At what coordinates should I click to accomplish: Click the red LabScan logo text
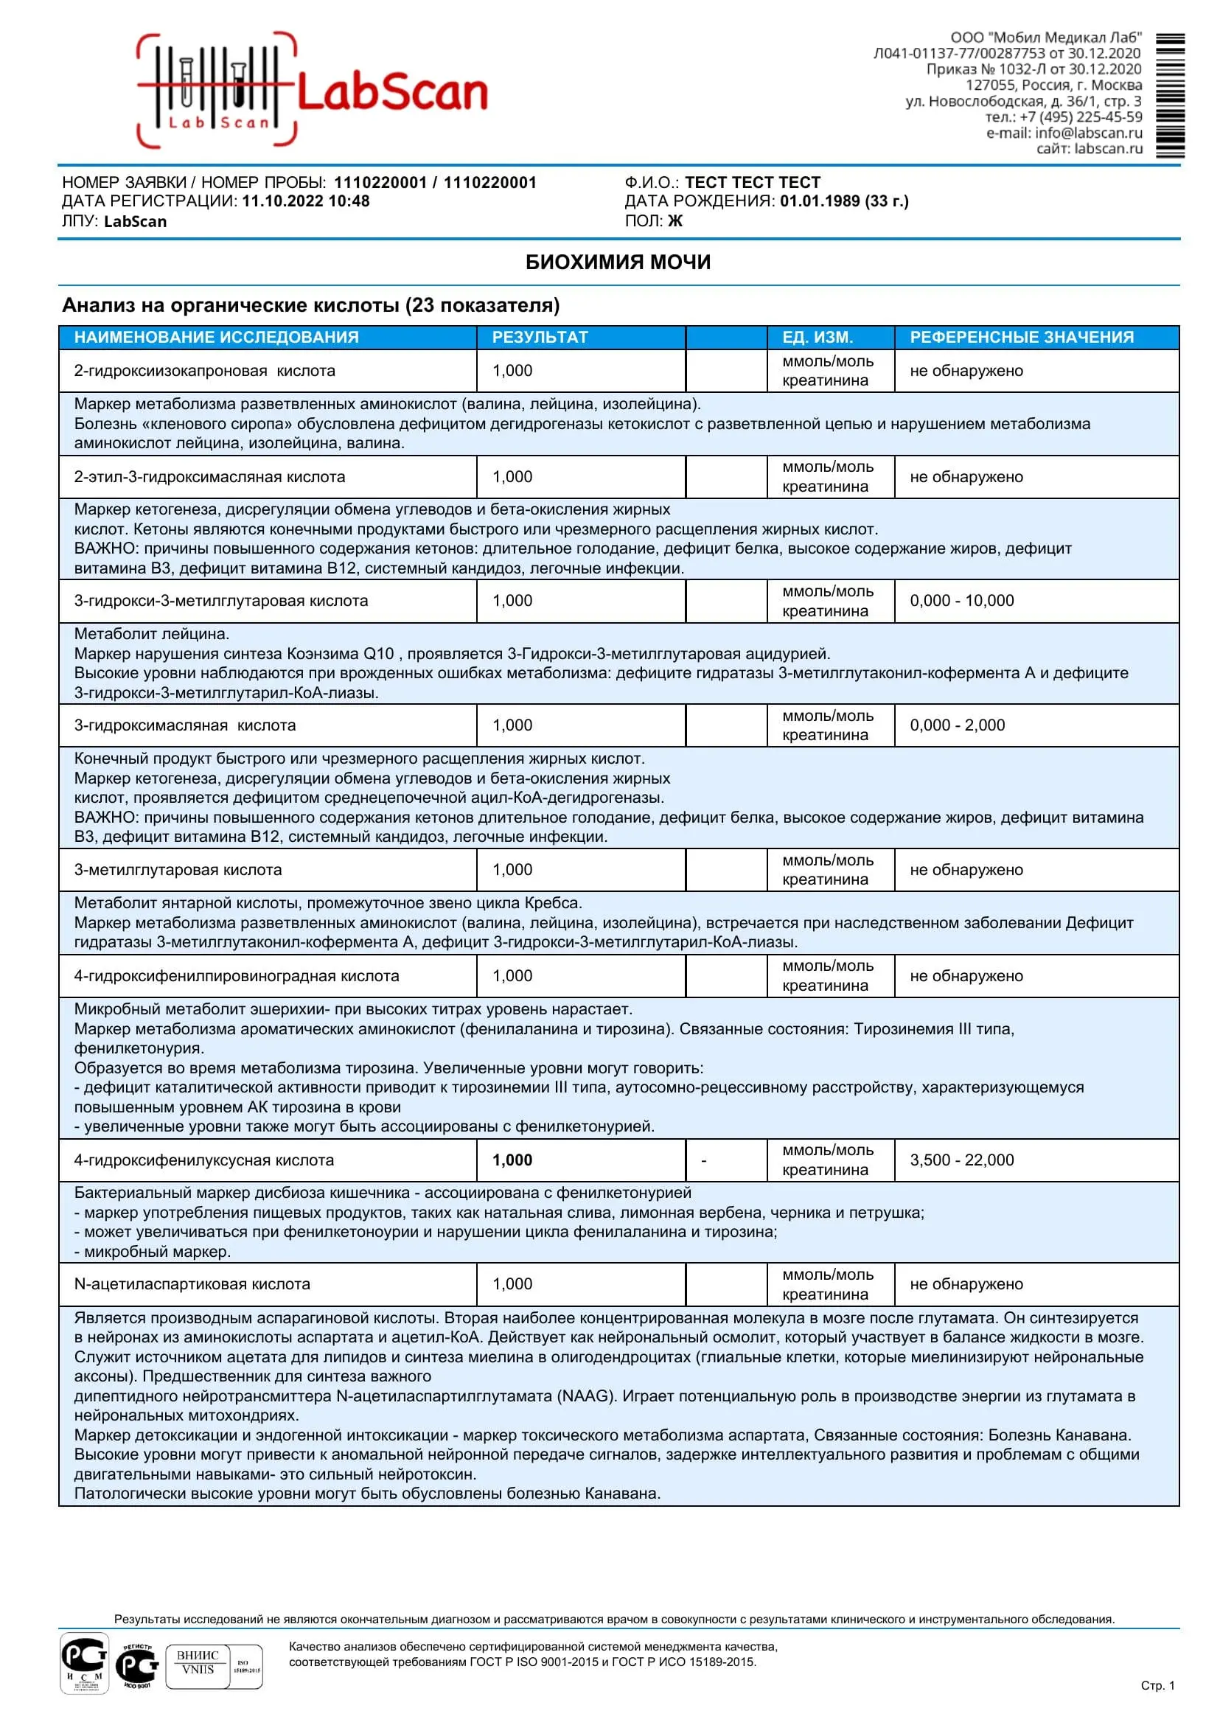tap(392, 92)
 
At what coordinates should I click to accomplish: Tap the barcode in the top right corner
tap(1170, 95)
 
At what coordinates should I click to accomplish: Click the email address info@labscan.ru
tap(1088, 133)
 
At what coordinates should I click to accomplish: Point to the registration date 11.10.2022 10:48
tap(305, 201)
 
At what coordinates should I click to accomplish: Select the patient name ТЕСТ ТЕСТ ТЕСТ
tap(752, 183)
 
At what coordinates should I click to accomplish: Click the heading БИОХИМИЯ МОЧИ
tap(618, 262)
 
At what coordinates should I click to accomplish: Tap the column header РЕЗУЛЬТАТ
tap(540, 338)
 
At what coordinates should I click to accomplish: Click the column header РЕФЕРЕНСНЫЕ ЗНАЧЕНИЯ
tap(1022, 338)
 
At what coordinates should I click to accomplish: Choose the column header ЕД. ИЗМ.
tap(818, 338)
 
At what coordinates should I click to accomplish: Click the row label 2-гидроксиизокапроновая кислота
tap(204, 371)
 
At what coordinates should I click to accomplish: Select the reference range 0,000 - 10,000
tap(961, 601)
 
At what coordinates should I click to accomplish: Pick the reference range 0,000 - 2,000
tap(957, 726)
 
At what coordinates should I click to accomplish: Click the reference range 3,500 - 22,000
tap(961, 1160)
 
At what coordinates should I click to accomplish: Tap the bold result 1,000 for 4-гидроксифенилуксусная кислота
tap(512, 1160)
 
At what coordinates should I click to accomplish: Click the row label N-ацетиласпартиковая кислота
tap(192, 1284)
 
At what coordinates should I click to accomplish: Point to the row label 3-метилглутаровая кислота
tap(179, 870)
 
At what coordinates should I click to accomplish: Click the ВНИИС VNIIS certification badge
tap(198, 1663)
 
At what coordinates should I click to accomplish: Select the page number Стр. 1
tap(1157, 1686)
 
